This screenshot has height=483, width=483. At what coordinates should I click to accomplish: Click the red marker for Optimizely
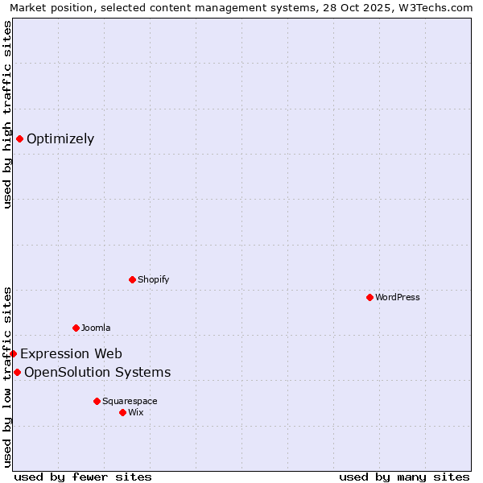coord(19,138)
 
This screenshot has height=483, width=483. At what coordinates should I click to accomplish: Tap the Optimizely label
coord(60,138)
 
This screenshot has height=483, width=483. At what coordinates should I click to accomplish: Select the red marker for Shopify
coord(132,279)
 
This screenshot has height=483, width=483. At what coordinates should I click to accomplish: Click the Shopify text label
coord(153,279)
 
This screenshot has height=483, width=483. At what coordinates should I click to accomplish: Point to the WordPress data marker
coord(369,297)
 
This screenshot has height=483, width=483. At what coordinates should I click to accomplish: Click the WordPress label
coord(398,297)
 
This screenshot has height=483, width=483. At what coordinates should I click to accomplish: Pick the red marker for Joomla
coord(76,328)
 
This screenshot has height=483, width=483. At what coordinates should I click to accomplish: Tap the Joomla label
coord(96,328)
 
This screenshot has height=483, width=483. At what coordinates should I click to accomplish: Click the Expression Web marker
coord(13,353)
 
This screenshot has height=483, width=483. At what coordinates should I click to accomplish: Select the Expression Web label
coord(71,353)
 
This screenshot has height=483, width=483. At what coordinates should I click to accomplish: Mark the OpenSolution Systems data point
coord(17,372)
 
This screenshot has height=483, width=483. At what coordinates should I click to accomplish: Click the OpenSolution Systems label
coord(97,372)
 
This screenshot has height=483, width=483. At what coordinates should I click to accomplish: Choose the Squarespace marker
coord(97,401)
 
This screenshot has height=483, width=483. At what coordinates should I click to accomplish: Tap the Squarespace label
coord(130,401)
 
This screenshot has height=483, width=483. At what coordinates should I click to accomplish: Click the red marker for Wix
coord(122,412)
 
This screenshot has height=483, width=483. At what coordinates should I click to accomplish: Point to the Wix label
coord(136,412)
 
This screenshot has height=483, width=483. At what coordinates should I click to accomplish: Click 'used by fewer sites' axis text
coord(83,477)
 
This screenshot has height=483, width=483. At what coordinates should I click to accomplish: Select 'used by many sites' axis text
coord(404,477)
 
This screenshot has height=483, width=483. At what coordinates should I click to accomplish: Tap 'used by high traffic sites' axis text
coord(7,114)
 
